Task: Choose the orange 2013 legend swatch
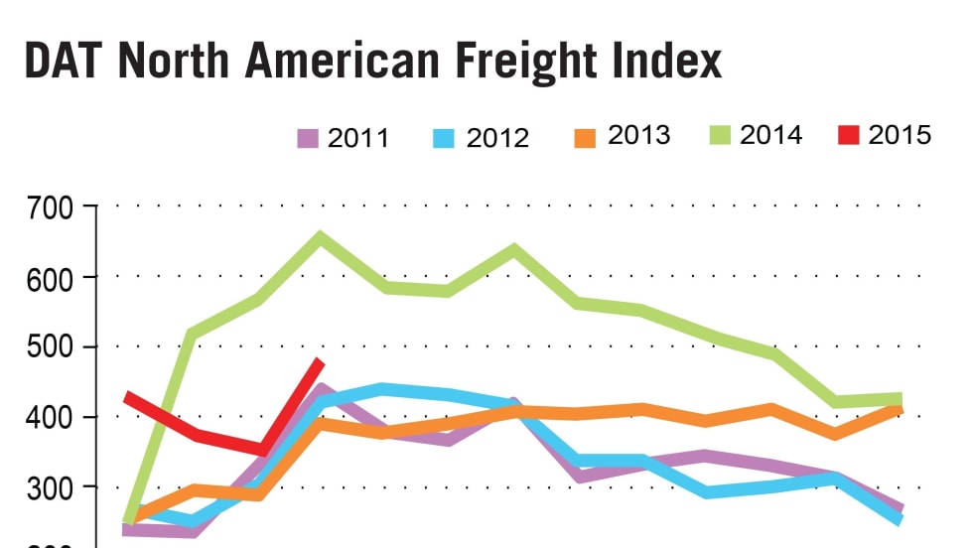point(586,136)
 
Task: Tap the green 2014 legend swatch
point(721,135)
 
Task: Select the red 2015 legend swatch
point(847,135)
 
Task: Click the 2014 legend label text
point(770,135)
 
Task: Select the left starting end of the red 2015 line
point(128,398)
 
